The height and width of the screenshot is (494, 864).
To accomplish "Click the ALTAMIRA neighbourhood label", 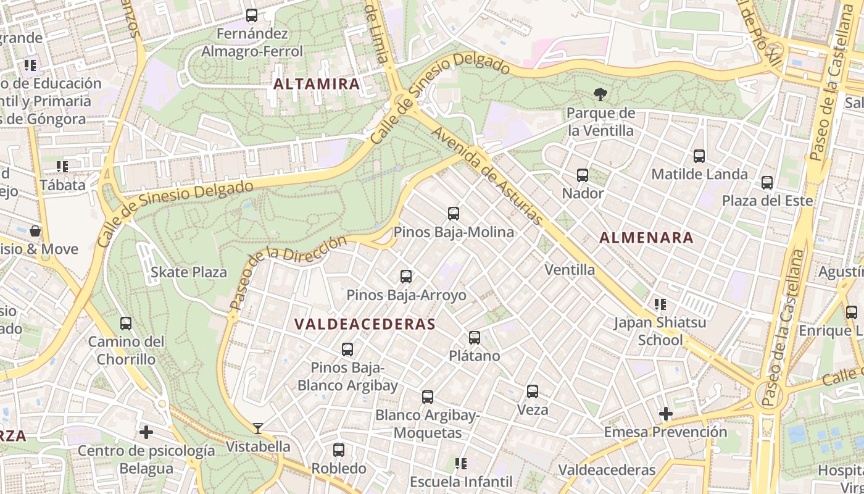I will coord(317,84).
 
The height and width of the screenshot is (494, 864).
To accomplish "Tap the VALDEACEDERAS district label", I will coord(365,324).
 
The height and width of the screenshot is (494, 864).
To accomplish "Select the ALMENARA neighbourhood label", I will coord(646,238).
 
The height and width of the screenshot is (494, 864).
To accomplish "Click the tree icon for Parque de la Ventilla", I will coord(600,94).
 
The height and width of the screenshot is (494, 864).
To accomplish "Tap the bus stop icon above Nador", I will coord(583,175).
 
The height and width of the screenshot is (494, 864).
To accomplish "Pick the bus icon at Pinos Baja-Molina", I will coord(454,214).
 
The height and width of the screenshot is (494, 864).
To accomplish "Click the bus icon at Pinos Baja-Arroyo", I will coord(406,277).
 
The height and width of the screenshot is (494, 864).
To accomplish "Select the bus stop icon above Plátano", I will coord(475,338).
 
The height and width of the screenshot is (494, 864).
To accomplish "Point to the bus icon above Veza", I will coord(533,391).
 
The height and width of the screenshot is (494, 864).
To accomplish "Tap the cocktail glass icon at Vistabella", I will coord(258,428).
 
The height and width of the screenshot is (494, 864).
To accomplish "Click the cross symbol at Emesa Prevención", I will coord(665,413).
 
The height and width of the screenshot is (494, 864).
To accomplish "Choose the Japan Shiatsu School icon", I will coord(660,304).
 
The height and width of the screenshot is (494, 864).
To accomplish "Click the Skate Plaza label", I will coord(189,272).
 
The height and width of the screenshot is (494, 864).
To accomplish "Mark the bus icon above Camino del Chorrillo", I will coord(126,324).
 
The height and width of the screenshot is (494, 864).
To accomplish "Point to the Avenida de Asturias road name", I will coord(487,176).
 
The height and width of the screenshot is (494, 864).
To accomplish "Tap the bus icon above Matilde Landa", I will coord(699,156).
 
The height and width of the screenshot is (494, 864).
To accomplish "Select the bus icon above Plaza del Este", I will coord(767,183).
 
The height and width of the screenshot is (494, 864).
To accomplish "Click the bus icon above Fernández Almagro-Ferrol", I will coord(252,15).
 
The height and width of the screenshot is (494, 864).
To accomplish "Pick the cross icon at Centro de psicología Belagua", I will coord(146,432).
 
